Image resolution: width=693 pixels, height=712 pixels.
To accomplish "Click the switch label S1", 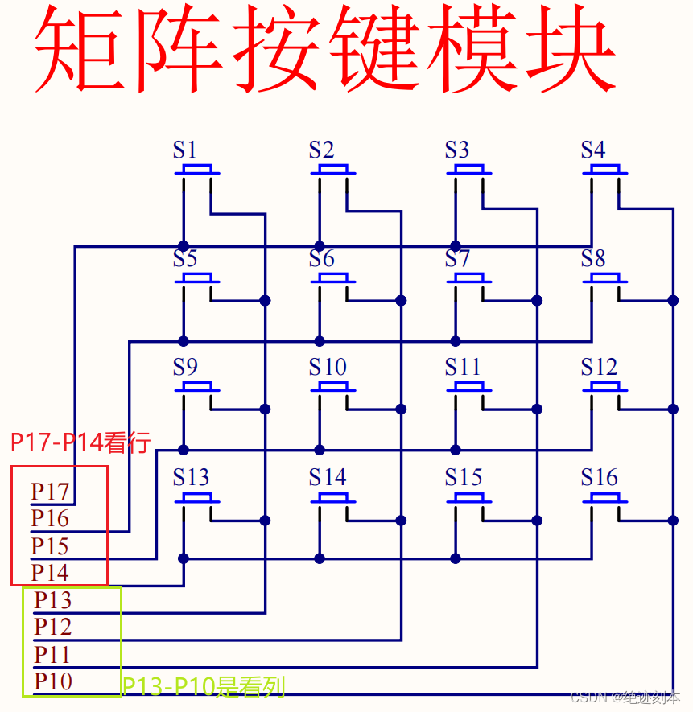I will (185, 150).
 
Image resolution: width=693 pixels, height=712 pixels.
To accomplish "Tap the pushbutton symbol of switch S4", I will (605, 171).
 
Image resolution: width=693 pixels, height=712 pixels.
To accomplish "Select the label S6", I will (321, 258).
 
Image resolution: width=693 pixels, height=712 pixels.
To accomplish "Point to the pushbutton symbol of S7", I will (468, 279).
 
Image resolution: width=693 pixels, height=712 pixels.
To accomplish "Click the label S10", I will (328, 368).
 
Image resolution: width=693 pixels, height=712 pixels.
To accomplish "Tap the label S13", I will (191, 477).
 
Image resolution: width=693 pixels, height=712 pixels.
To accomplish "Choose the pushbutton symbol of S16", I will (605, 498).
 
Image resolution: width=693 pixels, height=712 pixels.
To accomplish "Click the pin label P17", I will (50, 491).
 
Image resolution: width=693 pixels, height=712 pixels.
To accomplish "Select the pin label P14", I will (50, 573).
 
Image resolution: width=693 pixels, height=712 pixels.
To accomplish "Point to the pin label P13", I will (53, 600).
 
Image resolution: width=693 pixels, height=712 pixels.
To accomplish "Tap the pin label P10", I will (53, 681).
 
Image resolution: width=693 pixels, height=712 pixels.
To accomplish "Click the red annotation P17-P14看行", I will (80, 442).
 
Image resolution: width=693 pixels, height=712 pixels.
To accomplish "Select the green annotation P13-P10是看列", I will (204, 686).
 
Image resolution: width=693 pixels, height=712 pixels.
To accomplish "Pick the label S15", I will (464, 477).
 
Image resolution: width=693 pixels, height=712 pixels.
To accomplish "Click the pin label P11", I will (53, 654).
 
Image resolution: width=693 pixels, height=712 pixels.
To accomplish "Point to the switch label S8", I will (593, 258).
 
